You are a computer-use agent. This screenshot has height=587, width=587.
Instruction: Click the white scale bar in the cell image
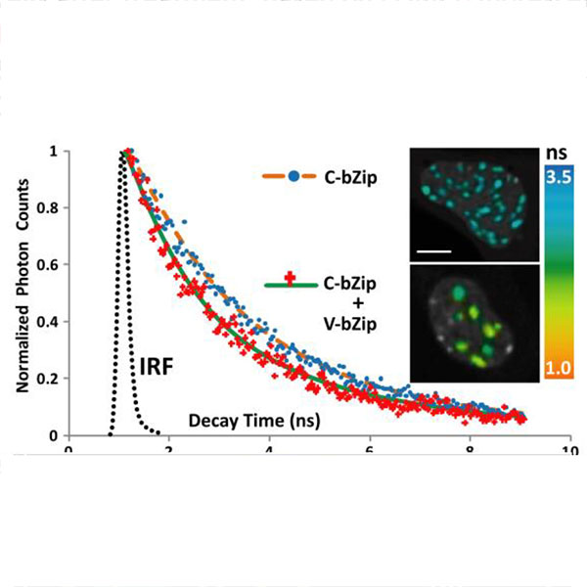[x=436, y=252]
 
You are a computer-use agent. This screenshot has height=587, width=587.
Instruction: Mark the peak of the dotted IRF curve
[x=123, y=153]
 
